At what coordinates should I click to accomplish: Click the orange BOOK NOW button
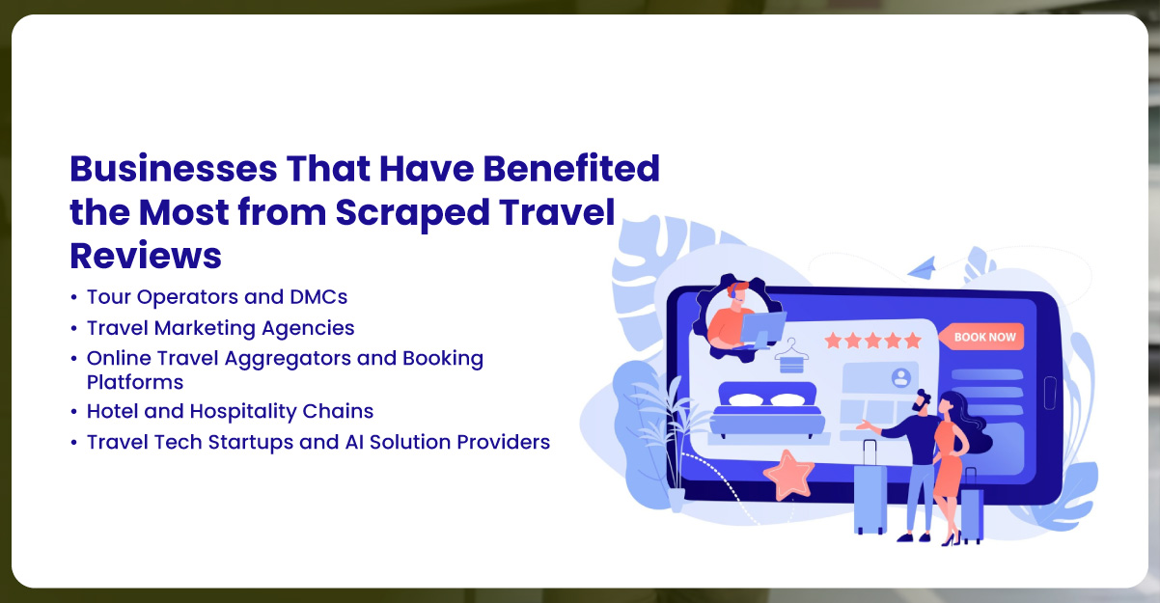click(x=985, y=337)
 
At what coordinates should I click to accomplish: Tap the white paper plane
click(x=922, y=264)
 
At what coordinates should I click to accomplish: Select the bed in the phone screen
click(x=766, y=409)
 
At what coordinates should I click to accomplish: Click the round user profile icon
click(x=901, y=376)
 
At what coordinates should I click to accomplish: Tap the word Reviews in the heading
click(x=146, y=255)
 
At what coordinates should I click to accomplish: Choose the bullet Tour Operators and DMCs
click(x=216, y=297)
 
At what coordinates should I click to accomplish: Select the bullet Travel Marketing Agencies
click(x=220, y=328)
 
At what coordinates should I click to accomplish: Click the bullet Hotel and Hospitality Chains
click(x=230, y=411)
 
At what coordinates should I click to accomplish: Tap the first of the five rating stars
click(x=833, y=340)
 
